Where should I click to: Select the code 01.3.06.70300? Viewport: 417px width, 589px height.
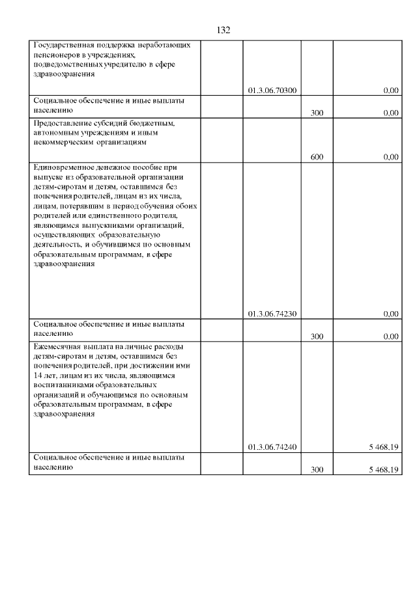tap(273, 90)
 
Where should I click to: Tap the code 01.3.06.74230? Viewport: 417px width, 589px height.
tap(273, 314)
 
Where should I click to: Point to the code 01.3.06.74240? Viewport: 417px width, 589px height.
tap(273, 447)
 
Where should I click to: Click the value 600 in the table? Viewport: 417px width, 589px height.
tap(317, 157)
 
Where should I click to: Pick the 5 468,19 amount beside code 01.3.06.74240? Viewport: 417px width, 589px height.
tap(383, 447)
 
